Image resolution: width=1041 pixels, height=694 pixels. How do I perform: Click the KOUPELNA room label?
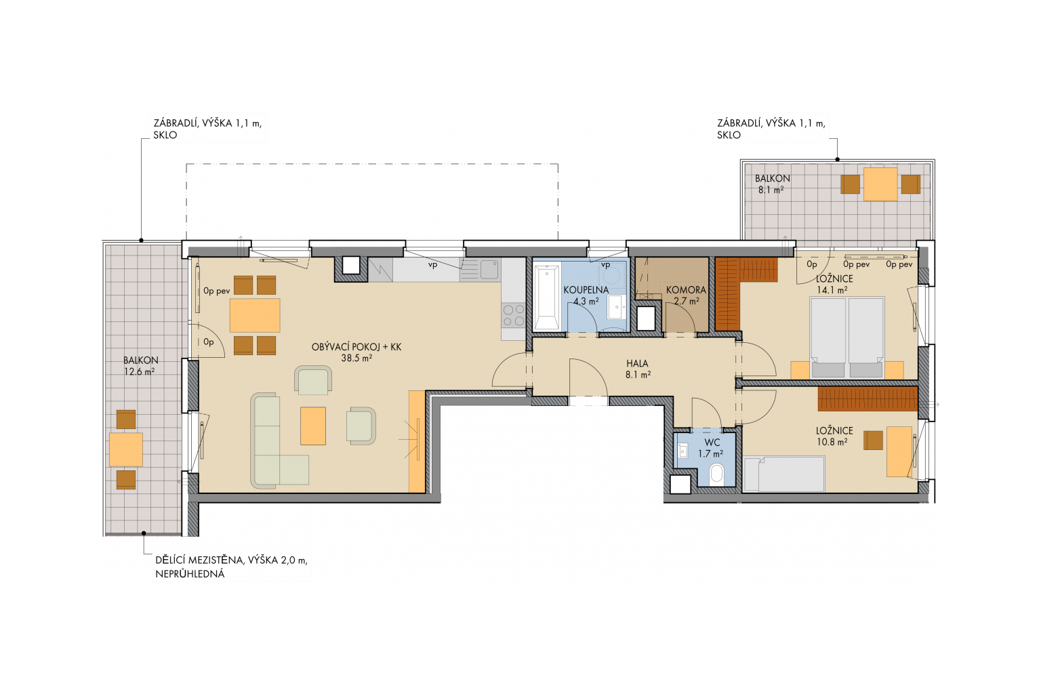click(x=586, y=290)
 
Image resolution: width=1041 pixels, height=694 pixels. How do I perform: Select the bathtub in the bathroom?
click(x=546, y=297)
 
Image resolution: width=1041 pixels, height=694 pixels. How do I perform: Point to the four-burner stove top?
click(x=513, y=314)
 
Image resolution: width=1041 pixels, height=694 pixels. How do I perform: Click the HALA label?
click(x=637, y=363)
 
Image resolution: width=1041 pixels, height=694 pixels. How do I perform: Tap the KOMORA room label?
click(x=686, y=290)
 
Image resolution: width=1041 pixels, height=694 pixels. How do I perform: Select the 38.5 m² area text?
click(x=356, y=359)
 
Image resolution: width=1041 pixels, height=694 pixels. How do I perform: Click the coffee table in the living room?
click(x=312, y=426)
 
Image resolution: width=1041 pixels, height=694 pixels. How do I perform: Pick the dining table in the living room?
click(x=255, y=315)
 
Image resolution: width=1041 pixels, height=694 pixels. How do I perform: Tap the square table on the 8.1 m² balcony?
click(x=880, y=184)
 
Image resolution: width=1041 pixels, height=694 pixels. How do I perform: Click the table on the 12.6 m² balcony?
click(x=126, y=449)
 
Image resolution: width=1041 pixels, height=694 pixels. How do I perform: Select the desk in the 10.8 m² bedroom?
click(x=899, y=452)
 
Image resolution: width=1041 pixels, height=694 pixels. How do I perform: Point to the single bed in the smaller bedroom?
click(x=784, y=474)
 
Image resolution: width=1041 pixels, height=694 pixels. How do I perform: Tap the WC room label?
click(x=712, y=443)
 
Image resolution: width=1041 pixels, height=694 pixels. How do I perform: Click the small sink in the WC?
click(x=682, y=451)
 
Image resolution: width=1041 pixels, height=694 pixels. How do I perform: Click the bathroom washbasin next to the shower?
click(x=616, y=307)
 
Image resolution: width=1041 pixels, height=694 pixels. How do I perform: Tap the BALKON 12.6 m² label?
click(x=140, y=366)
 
